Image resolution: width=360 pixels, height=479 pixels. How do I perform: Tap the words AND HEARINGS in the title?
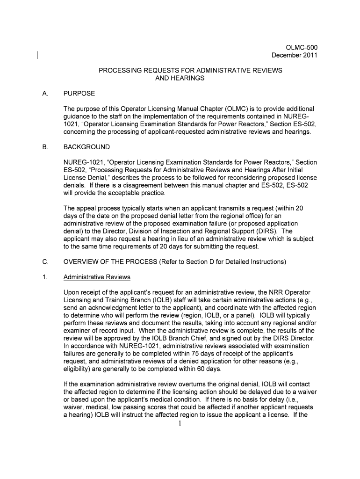coord(180,78)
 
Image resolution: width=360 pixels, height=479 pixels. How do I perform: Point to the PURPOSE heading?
coord(79,94)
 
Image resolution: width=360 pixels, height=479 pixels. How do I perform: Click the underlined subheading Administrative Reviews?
coord(97,277)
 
